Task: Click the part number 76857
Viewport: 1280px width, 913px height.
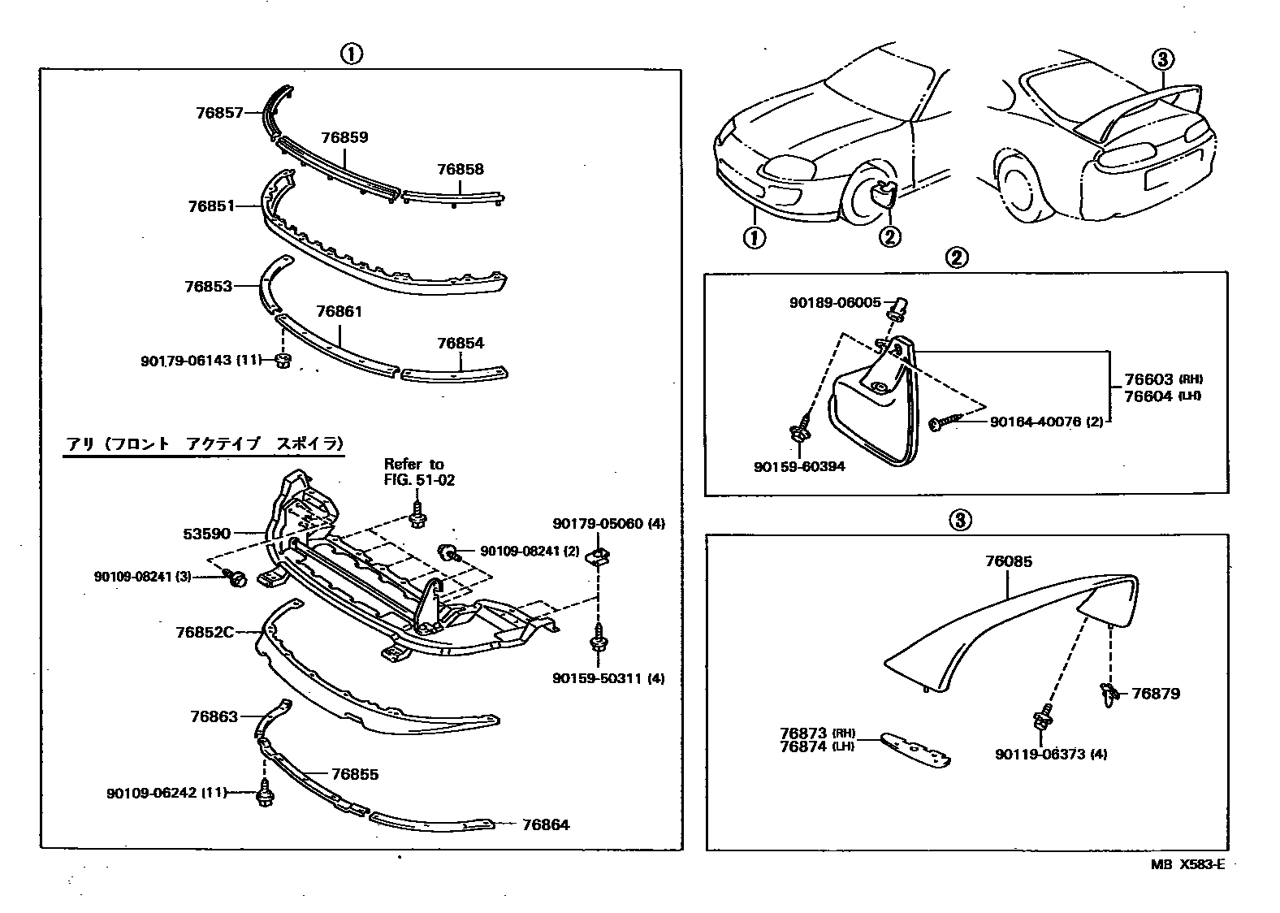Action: click(219, 114)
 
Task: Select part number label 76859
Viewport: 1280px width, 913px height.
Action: click(344, 137)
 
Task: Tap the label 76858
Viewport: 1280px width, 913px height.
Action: click(460, 169)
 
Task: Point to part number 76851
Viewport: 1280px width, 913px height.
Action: click(211, 206)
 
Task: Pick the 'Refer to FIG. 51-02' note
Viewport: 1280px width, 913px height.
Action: click(419, 472)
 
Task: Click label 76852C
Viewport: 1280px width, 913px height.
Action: click(204, 631)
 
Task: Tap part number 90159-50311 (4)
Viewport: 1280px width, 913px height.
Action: click(620, 677)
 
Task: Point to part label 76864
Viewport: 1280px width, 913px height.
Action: click(546, 825)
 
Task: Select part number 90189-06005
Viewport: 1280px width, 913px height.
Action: click(835, 302)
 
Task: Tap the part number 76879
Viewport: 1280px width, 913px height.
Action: click(1156, 694)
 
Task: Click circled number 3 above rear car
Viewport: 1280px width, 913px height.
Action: click(1162, 58)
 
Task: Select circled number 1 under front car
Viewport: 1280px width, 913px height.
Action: click(754, 238)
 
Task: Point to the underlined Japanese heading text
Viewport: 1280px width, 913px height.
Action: click(204, 444)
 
